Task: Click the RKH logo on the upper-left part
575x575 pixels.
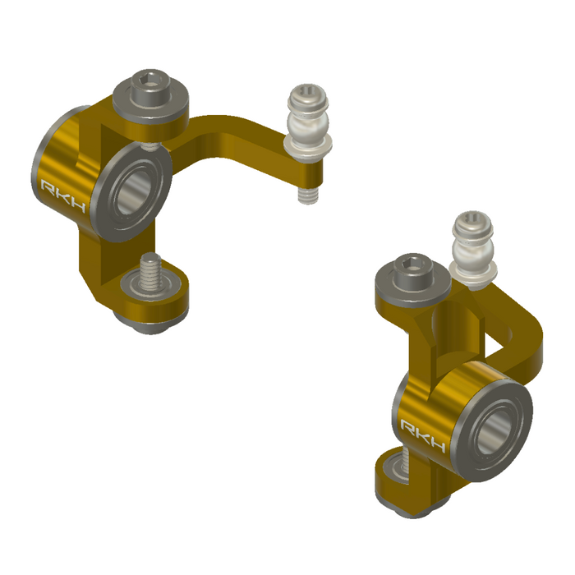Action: [64, 195]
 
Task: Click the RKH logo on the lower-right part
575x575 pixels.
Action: [424, 436]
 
